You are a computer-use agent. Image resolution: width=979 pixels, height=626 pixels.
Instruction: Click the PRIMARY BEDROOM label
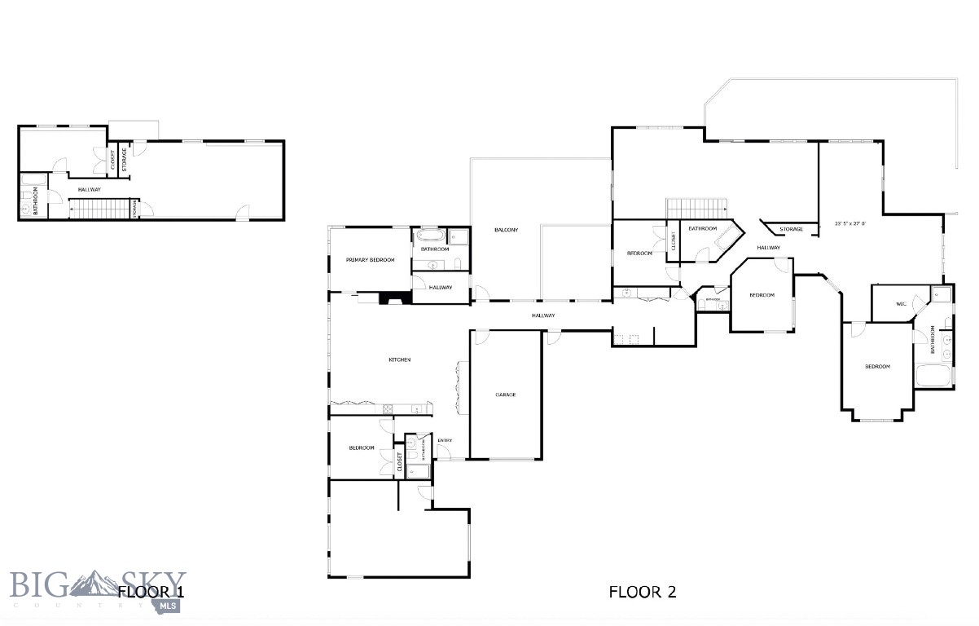tap(370, 260)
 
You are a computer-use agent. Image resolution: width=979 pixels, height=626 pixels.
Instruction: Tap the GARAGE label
tap(506, 395)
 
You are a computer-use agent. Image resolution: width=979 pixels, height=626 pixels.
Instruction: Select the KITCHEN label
tap(399, 359)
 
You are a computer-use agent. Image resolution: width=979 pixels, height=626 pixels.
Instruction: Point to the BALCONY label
tap(506, 230)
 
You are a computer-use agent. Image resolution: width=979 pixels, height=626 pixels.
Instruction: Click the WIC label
tap(901, 304)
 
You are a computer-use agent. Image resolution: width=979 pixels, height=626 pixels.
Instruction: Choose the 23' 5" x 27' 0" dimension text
tap(849, 223)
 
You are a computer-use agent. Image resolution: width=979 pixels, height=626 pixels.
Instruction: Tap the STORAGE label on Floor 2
tap(791, 229)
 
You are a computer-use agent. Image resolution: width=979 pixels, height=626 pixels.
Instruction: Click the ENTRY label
tap(445, 441)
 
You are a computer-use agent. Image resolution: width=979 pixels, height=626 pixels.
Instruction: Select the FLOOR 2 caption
tap(643, 592)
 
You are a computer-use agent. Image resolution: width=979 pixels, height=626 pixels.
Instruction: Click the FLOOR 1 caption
tap(151, 592)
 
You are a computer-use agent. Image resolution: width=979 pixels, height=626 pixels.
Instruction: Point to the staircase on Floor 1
tap(101, 209)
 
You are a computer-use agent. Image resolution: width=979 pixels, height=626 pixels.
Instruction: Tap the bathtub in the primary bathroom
tap(431, 239)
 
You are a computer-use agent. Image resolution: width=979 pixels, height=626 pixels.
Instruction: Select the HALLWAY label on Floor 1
tap(90, 190)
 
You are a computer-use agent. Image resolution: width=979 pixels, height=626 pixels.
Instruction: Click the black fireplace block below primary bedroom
tap(397, 298)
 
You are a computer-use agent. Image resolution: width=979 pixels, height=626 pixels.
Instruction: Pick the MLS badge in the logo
tap(169, 606)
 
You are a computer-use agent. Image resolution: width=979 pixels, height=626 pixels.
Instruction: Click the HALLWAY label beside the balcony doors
tap(543, 315)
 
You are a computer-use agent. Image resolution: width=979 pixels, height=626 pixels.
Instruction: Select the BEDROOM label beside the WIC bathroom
tap(877, 367)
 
